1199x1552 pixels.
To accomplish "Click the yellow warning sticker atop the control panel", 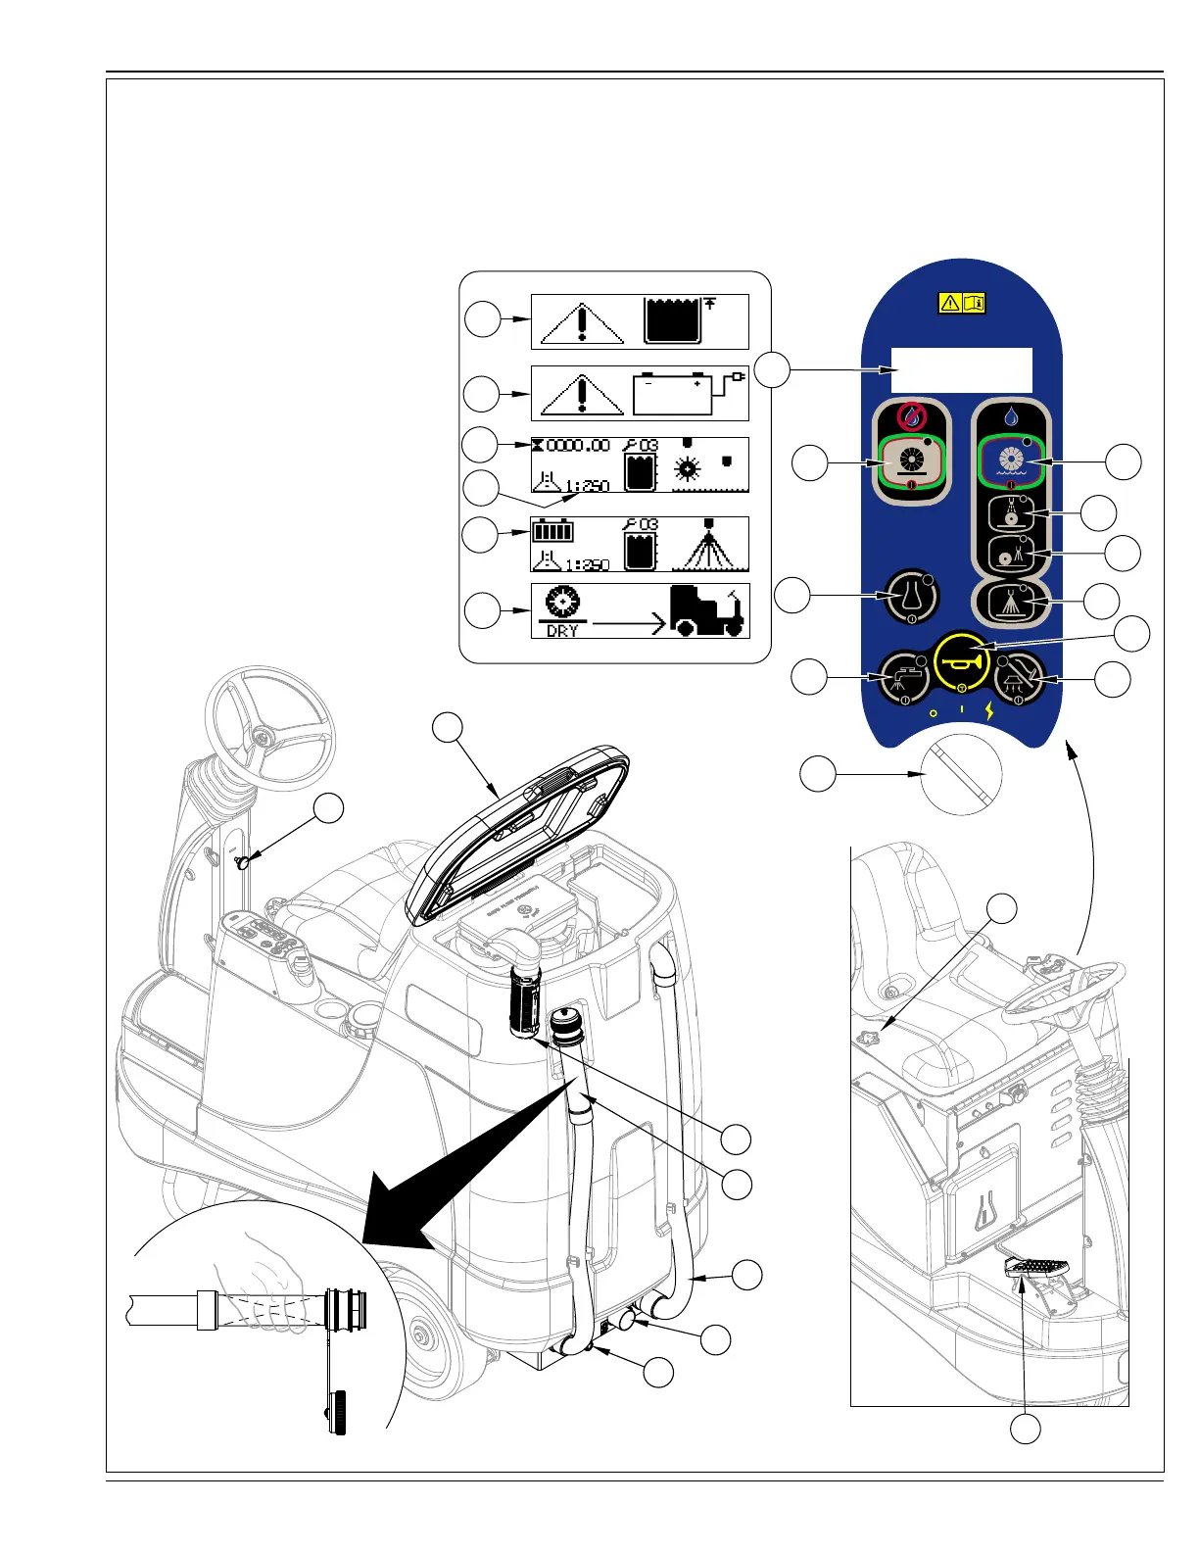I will pyautogui.click(x=962, y=303).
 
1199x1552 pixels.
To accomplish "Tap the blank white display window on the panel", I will pyautogui.click(x=961, y=369).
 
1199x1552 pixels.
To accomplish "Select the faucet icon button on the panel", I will pyautogui.click(x=904, y=677).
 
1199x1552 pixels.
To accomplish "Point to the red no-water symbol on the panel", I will pyautogui.click(x=912, y=415).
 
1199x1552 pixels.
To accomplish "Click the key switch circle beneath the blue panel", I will pyautogui.click(x=962, y=774).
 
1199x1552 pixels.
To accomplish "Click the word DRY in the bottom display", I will pyautogui.click(x=562, y=631).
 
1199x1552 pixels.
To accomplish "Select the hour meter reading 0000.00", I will pyautogui.click(x=577, y=446).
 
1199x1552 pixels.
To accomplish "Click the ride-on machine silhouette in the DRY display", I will pyautogui.click(x=707, y=611).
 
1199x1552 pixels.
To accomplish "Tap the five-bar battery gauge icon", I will pyautogui.click(x=552, y=532).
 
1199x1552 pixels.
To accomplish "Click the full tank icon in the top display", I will pyautogui.click(x=672, y=321).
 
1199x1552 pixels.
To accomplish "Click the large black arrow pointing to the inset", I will pyautogui.click(x=460, y=1166).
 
